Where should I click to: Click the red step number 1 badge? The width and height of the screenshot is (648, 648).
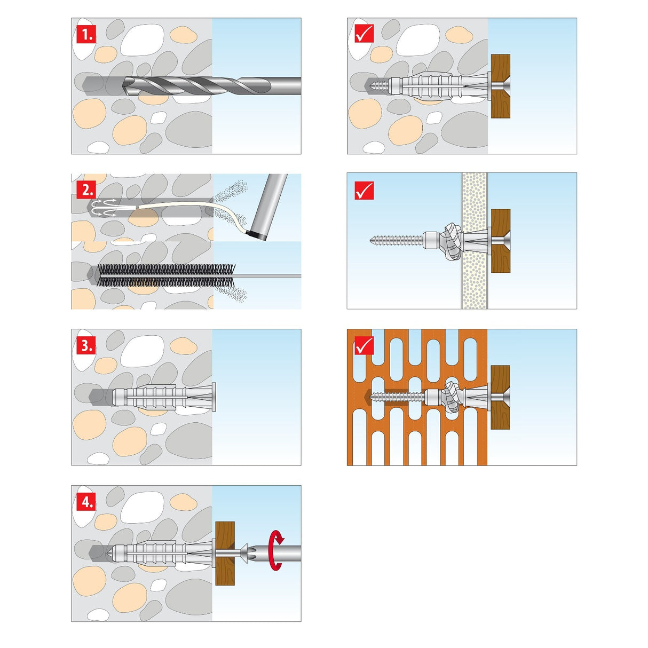(x=86, y=34)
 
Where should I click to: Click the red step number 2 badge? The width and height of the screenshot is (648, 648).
(x=86, y=190)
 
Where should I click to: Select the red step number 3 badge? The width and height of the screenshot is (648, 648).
(x=86, y=345)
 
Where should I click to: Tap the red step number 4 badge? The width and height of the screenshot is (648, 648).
(x=86, y=502)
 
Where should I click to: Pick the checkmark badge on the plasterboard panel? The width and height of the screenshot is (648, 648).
(x=364, y=191)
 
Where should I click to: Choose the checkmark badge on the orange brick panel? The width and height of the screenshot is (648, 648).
(x=364, y=345)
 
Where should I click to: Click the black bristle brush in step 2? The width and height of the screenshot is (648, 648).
(x=167, y=275)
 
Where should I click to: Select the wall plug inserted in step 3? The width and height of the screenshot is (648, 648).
(x=164, y=398)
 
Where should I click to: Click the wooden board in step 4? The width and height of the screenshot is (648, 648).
(x=225, y=553)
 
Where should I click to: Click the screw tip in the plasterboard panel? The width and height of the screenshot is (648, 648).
(x=372, y=240)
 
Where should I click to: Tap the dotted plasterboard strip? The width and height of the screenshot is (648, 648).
(x=475, y=241)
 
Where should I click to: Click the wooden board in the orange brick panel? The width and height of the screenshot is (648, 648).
(x=500, y=398)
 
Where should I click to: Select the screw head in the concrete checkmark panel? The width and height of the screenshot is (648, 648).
(x=501, y=86)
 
